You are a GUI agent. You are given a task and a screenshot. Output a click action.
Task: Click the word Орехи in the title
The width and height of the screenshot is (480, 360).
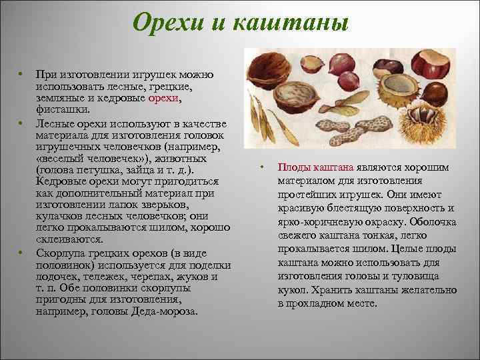(x=165, y=25)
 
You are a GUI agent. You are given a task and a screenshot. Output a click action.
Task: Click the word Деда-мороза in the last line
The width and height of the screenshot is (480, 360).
(x=167, y=311)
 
